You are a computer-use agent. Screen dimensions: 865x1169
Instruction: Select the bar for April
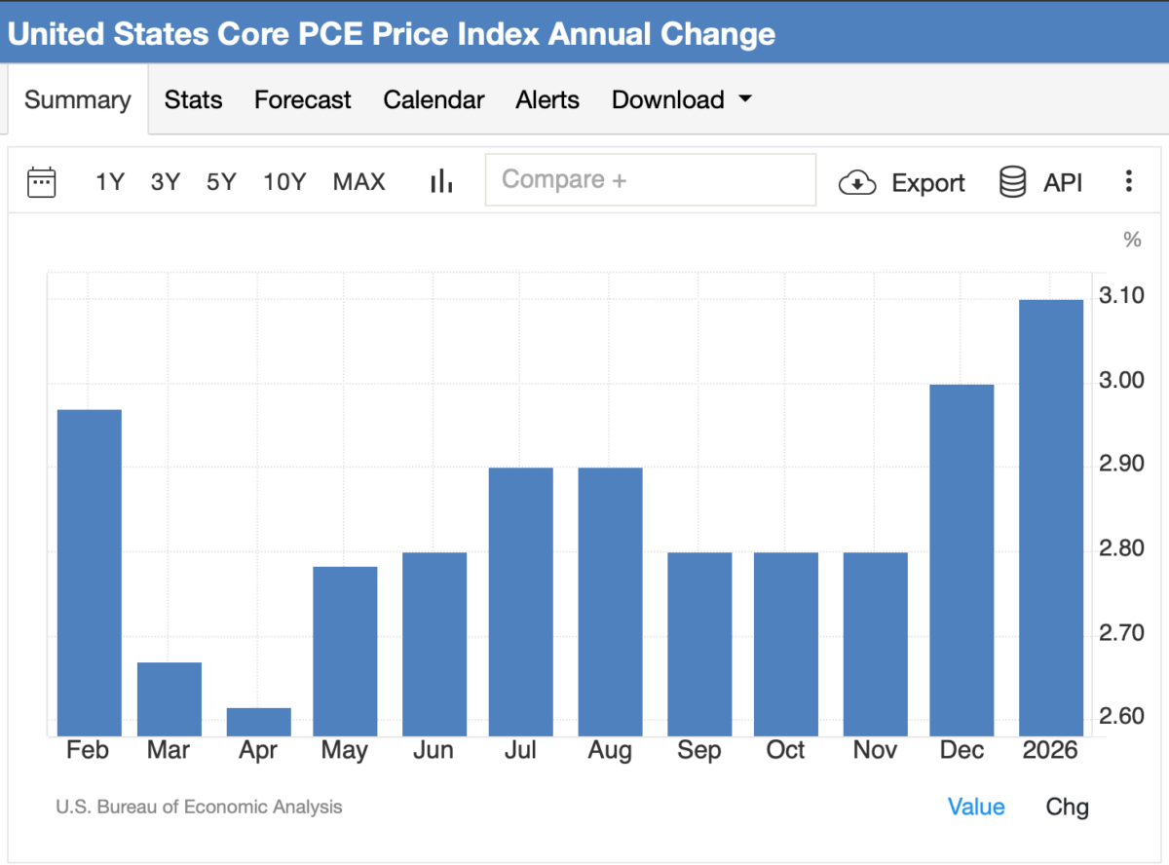coord(258,722)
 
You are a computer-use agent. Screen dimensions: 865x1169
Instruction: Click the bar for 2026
coord(1050,517)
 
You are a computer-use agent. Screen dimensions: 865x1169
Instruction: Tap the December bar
coord(962,560)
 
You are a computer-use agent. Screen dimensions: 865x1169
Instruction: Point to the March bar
coord(170,698)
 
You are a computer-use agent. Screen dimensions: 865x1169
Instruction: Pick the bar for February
coord(90,573)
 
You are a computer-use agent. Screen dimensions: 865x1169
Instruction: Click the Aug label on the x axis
coord(610,751)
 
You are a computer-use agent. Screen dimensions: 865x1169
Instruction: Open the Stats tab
coord(193,100)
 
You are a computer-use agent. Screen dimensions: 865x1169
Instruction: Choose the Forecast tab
coord(302,100)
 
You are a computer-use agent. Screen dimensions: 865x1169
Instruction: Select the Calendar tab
coord(434,100)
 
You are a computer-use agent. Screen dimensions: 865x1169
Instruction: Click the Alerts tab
coord(547,100)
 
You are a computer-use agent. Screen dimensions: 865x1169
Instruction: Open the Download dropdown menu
coord(681,100)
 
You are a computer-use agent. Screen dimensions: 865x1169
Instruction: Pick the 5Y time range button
coord(221,182)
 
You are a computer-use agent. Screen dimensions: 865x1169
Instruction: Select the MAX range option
coord(358,182)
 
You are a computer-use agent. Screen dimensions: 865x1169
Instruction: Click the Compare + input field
coord(650,180)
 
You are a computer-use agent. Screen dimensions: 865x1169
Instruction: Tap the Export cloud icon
coord(857,183)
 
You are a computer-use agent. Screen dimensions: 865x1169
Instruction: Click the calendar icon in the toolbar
coord(42,182)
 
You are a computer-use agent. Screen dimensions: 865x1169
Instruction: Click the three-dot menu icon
coord(1128,182)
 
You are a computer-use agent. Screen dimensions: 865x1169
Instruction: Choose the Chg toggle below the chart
coord(1067,807)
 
